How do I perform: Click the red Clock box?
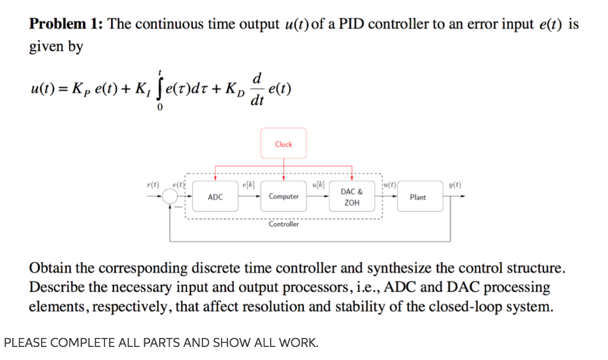[284, 143]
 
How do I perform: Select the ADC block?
[216, 197]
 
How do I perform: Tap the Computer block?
[284, 197]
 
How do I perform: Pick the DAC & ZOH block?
[352, 197]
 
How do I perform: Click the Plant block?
[417, 197]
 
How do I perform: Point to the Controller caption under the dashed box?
[284, 224]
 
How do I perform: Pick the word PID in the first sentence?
[351, 24]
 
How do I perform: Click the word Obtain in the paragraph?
[52, 267]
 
